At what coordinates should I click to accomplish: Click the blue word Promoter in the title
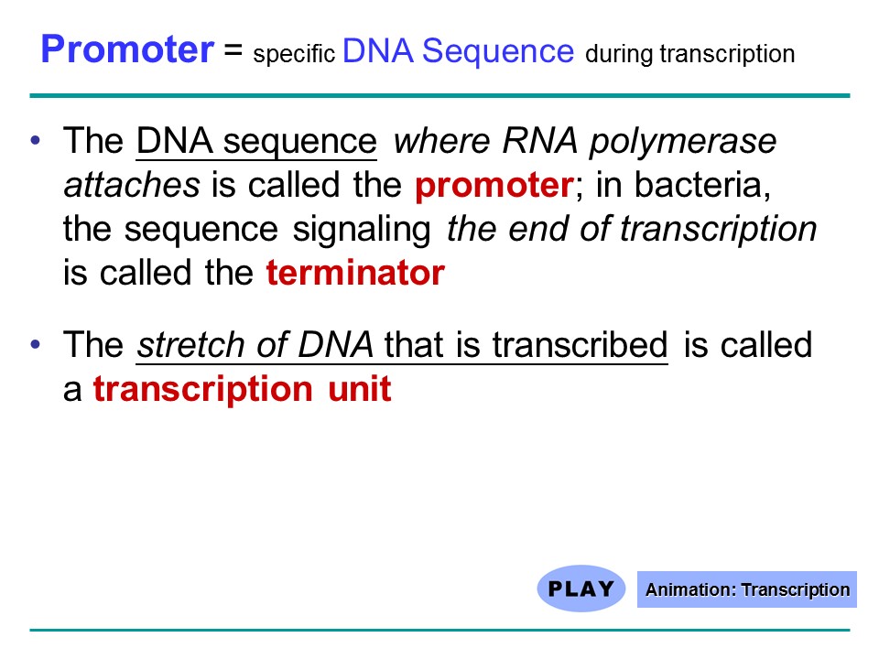[127, 49]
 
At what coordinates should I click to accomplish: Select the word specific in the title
[294, 54]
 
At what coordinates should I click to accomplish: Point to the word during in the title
[620, 54]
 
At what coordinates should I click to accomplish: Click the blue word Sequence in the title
[498, 51]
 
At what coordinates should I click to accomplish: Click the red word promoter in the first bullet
[494, 186]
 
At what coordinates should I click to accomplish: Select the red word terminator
[355, 273]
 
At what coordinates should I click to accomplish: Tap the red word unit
[359, 388]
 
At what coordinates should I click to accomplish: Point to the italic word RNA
[539, 140]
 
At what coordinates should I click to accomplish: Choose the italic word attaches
[132, 185]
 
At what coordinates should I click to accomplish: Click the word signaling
[362, 230]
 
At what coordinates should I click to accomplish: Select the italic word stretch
[190, 344]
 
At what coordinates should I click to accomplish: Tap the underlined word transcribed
[581, 344]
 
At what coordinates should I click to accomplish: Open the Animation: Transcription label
[747, 589]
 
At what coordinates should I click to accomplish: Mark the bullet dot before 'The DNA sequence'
[36, 140]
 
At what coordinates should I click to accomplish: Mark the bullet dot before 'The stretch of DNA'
[36, 344]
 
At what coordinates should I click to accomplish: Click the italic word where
[441, 140]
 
